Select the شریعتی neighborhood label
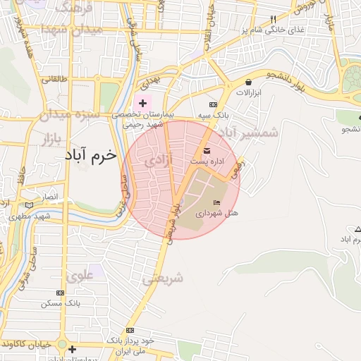pyautogui.click(x=162, y=279)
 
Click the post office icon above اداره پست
pyautogui.click(x=207, y=151)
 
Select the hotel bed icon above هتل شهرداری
pyautogui.click(x=216, y=202)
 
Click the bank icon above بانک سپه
pyautogui.click(x=215, y=104)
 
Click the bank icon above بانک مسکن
pyautogui.click(x=60, y=292)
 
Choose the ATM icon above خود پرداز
pyautogui.click(x=128, y=329)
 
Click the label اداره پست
pyautogui.click(x=207, y=162)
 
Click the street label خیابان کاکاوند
pyautogui.click(x=29, y=343)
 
